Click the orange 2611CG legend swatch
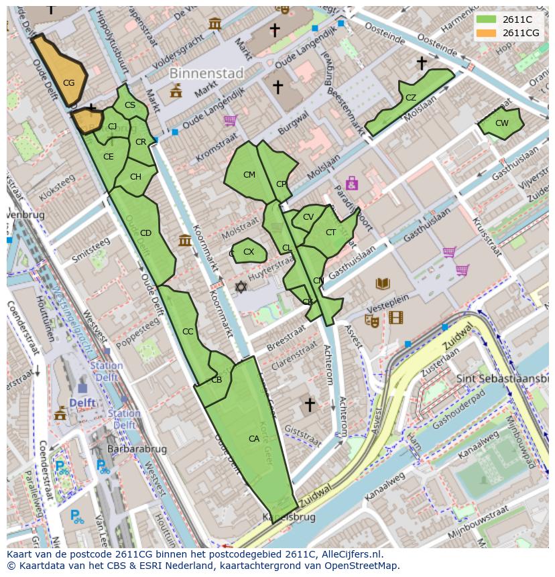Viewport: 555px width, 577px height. (487, 33)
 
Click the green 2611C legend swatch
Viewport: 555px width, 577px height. (487, 20)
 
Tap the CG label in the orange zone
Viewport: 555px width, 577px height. (68, 83)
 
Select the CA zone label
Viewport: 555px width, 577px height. (254, 439)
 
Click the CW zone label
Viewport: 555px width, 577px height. (502, 123)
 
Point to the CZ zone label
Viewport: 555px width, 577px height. (411, 98)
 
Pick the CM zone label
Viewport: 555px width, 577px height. (249, 175)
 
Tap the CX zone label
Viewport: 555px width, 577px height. (249, 252)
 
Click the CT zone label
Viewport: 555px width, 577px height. (330, 233)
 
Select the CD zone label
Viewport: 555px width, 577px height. (145, 233)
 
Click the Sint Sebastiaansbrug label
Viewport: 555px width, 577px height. (502, 379)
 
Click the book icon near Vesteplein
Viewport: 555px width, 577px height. (382, 284)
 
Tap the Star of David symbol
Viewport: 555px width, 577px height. (241, 287)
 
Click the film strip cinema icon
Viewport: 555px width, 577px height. (396, 318)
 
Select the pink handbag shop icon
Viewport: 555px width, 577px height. (351, 183)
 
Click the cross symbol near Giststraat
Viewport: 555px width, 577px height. (310, 405)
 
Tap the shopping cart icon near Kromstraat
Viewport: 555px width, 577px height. (231, 121)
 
